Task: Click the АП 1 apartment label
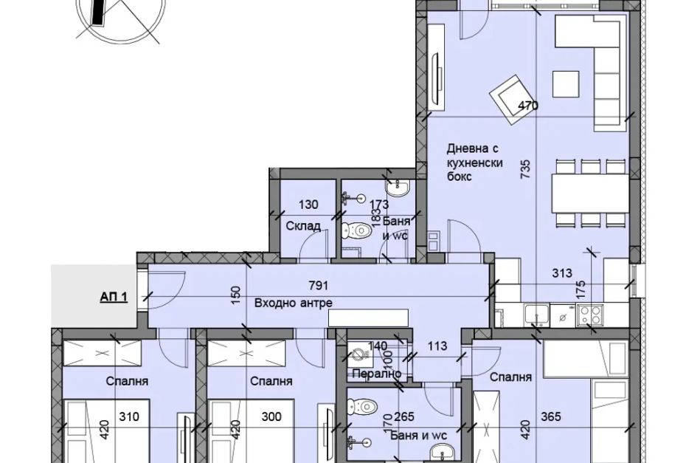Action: (114, 297)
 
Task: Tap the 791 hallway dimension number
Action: (319, 286)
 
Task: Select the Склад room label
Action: (303, 226)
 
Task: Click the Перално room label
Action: (377, 374)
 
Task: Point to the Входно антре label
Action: (294, 303)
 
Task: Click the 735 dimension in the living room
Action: (525, 169)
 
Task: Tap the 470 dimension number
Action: (528, 106)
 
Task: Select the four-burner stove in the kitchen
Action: (590, 315)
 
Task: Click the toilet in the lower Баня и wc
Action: (364, 407)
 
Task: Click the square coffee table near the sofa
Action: (566, 83)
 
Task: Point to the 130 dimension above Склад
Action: (308, 205)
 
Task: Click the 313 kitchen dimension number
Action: (562, 273)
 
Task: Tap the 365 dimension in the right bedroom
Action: (550, 416)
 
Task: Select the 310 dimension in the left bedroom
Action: (129, 416)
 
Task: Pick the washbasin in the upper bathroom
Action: (398, 187)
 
